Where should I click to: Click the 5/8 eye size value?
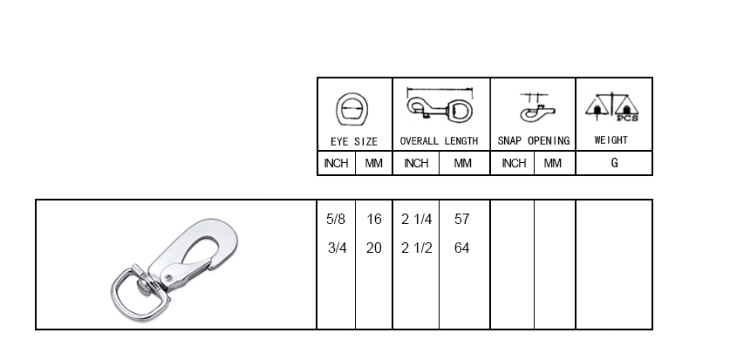336,219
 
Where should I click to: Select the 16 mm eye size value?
374,219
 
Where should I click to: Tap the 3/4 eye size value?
337,248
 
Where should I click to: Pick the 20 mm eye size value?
374,248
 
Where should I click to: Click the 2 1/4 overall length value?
417,219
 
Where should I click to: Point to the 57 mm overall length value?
462,219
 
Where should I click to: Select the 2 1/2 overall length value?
417,248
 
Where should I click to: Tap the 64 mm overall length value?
462,248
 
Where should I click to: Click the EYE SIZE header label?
354,141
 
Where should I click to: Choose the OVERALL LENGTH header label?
439,141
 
